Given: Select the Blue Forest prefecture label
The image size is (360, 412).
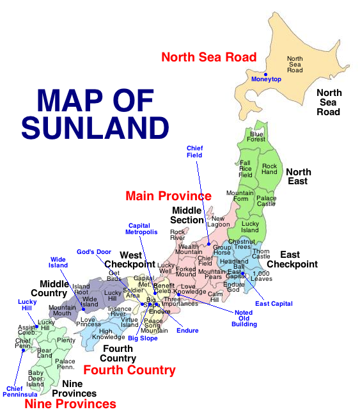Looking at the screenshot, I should point(256,136).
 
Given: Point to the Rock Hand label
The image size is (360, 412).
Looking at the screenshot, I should point(269,169).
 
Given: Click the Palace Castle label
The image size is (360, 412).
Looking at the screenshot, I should point(266,202).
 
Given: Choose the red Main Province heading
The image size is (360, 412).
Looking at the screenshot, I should point(168,196).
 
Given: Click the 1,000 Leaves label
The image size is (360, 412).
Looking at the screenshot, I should point(262,276).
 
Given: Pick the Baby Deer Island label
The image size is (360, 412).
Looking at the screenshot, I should point(36,377).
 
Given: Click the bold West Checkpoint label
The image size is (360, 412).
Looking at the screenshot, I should point(129,260).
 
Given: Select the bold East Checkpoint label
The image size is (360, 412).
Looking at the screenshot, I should point(292,259).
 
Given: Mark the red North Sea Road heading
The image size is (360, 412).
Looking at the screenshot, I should point(208,57).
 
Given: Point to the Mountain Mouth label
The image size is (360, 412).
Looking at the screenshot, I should point(63,310).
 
